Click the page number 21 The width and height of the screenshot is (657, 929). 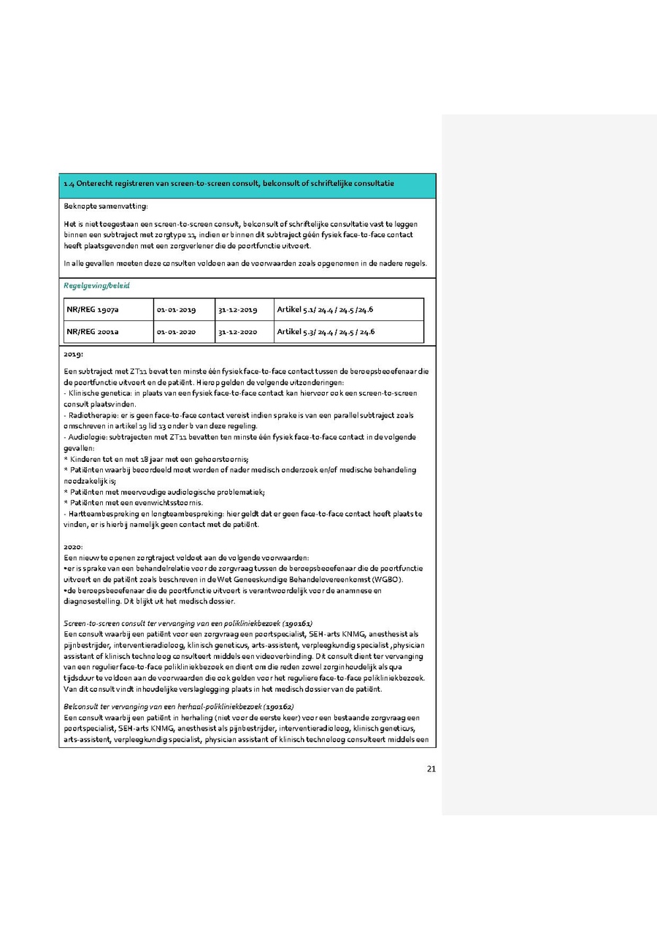click(431, 768)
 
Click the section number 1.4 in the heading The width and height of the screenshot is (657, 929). click(69, 183)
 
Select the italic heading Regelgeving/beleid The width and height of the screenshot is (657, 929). click(91, 286)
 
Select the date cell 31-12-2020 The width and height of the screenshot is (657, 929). click(237, 332)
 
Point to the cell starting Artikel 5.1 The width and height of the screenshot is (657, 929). click(326, 310)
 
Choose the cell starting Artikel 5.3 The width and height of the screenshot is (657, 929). click(326, 332)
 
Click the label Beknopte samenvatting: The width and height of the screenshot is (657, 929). click(105, 207)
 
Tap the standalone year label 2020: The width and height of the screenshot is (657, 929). click(74, 546)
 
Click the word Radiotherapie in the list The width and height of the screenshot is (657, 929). click(90, 415)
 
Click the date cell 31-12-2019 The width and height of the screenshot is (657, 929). click(237, 310)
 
